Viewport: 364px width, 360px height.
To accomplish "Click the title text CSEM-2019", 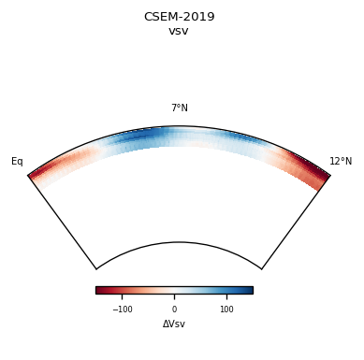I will pos(179,17).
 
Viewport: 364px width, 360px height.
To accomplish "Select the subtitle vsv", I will pos(179,31).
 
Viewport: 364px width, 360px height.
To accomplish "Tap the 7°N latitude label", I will pos(179,108).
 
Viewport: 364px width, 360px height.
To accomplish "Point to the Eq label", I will pos(17,162).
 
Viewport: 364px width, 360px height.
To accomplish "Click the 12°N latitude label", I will pos(341,162).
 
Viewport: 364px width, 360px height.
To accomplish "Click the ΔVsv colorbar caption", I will pos(174,324).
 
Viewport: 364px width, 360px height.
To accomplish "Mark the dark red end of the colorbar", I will pos(99,290).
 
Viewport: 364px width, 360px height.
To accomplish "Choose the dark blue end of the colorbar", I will pos(249,290).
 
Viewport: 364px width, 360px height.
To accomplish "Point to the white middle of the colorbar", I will pos(174,290).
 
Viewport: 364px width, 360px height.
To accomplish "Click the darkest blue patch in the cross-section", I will pos(140,137).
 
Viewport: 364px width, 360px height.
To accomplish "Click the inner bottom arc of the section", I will pos(179,243).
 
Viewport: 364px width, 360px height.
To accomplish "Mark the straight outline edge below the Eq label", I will pos(62,222).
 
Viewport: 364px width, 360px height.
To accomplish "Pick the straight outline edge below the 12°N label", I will pos(296,222).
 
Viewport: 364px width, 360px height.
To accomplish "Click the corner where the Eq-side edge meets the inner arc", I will pos(96,269).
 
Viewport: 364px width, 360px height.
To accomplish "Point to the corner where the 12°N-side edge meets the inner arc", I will pos(261,269).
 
